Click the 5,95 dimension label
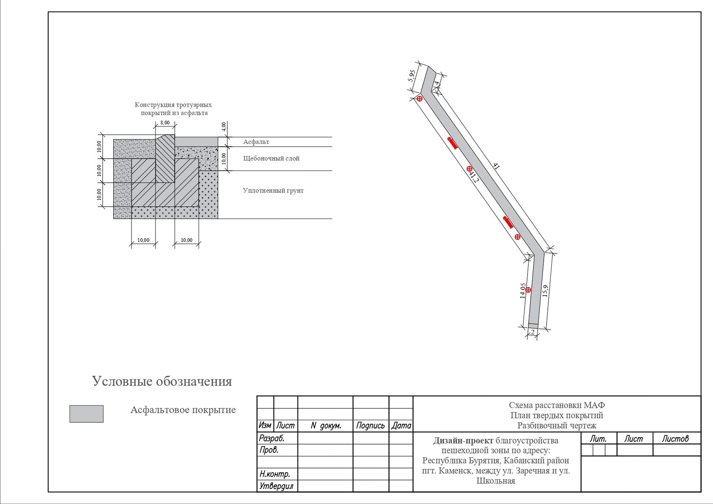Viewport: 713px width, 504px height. tap(412, 76)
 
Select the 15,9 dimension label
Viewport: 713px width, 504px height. tap(545, 291)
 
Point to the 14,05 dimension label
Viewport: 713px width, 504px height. tap(522, 291)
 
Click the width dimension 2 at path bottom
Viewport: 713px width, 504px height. tap(533, 332)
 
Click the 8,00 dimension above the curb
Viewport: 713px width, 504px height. tap(165, 123)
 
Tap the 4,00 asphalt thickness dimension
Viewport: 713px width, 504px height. tap(224, 127)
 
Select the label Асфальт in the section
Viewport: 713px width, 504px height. tap(256, 142)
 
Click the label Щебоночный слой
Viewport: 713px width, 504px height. tap(271, 158)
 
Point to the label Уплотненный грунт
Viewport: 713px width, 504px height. tap(273, 190)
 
